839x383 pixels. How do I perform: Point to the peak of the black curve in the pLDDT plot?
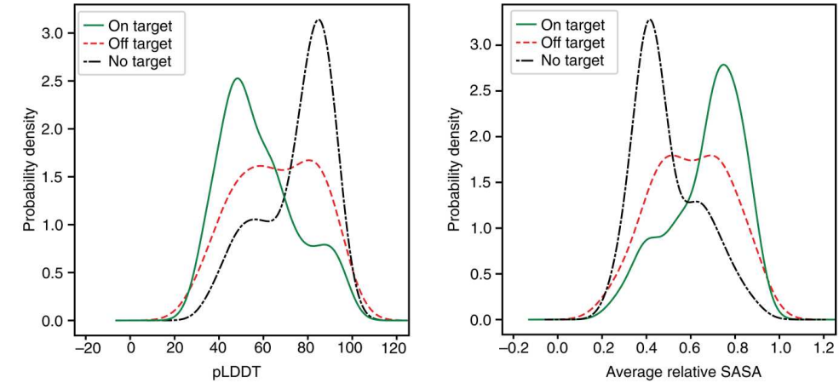coord(319,20)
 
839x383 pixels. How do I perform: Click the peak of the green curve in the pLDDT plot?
coord(237,78)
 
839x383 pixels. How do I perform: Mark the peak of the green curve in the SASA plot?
coord(723,65)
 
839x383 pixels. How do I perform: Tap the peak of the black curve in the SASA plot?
coord(650,20)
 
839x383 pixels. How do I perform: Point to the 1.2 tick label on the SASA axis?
coord(823,346)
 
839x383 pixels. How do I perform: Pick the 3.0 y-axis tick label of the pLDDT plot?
coord(55,34)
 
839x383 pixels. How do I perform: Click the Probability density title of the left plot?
coord(30,169)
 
